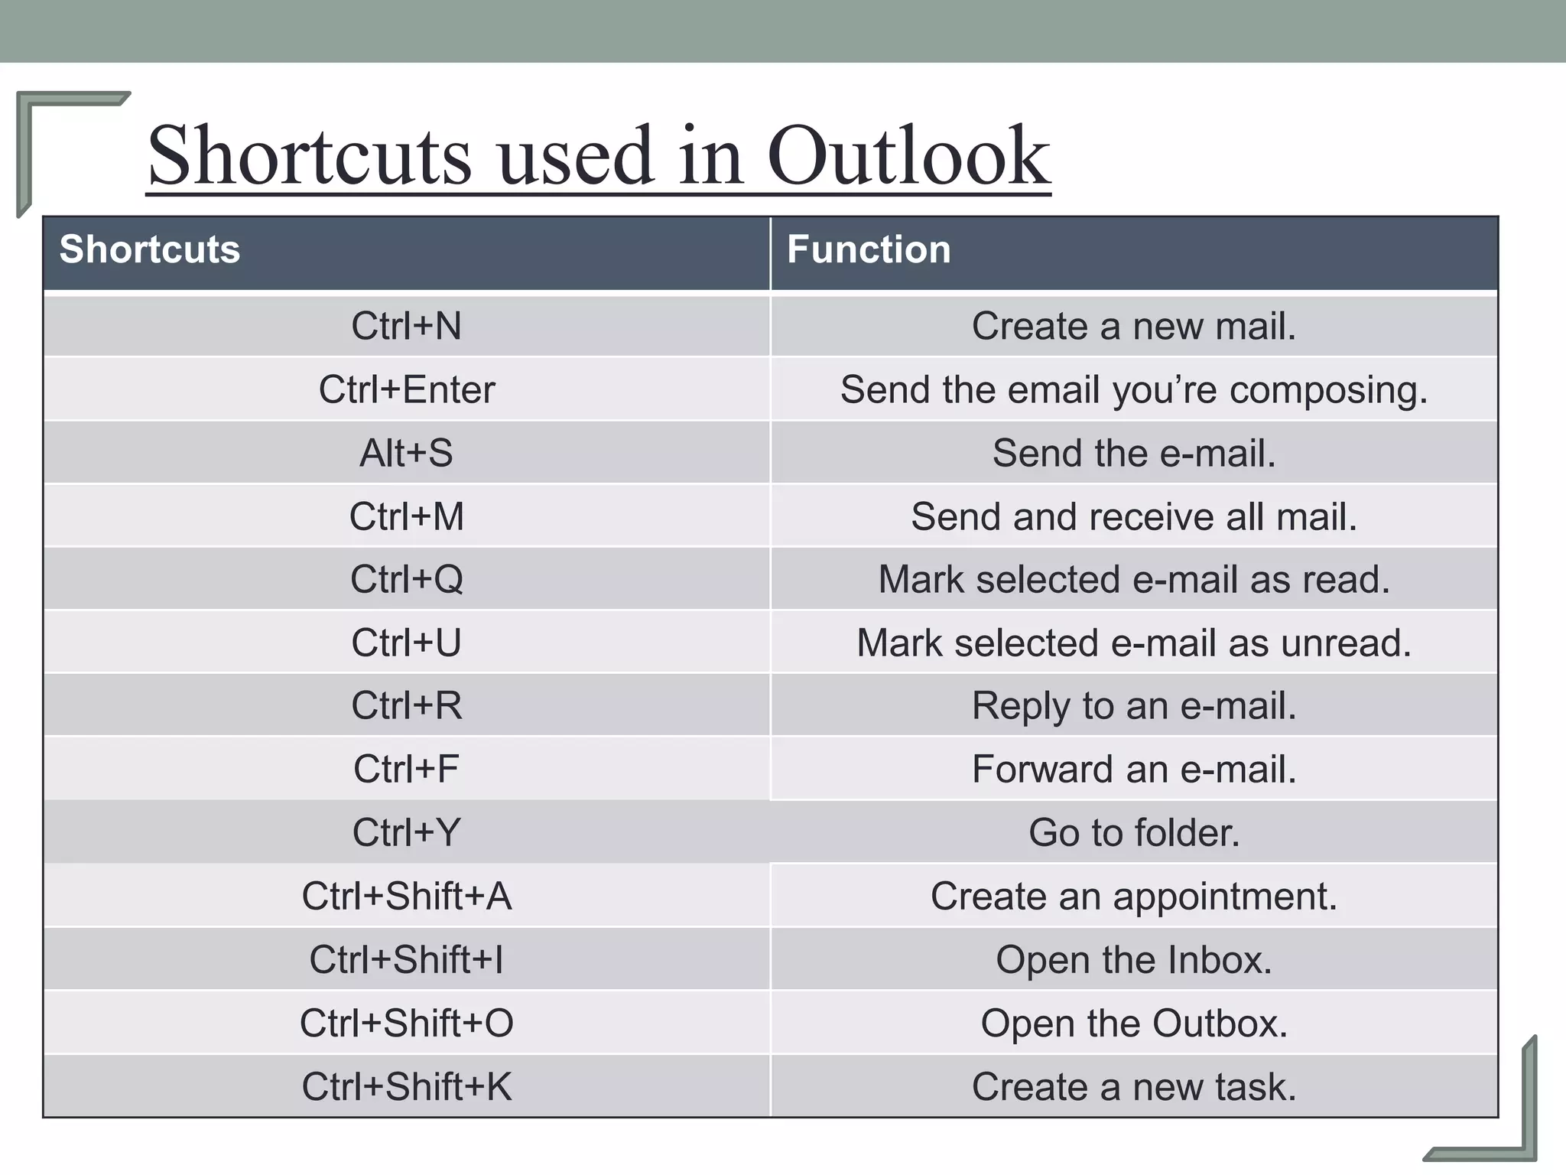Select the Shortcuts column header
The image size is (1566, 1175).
[x=150, y=249]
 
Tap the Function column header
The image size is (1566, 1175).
[x=869, y=249]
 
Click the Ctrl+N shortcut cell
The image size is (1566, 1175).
[x=406, y=326]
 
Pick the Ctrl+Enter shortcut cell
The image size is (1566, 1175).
[x=406, y=389]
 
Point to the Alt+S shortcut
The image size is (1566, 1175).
[x=406, y=453]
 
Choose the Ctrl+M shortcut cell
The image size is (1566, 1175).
[x=406, y=516]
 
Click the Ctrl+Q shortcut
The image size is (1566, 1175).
[x=406, y=579]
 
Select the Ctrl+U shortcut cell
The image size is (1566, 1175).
[x=406, y=643]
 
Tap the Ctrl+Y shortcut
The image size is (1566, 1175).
[x=406, y=832]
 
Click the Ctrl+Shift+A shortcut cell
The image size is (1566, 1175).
[x=406, y=896]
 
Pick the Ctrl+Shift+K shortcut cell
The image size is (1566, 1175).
[x=406, y=1086]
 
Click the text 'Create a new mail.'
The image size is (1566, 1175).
[x=1133, y=326]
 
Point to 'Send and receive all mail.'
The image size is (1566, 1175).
[x=1133, y=516]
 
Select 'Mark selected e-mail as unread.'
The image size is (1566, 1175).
[x=1133, y=643]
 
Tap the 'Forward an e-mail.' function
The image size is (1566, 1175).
[x=1133, y=769]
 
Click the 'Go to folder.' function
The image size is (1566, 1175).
[x=1133, y=832]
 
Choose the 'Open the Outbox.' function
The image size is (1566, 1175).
[x=1133, y=1023]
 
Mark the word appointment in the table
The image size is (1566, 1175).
[x=1224, y=897]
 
